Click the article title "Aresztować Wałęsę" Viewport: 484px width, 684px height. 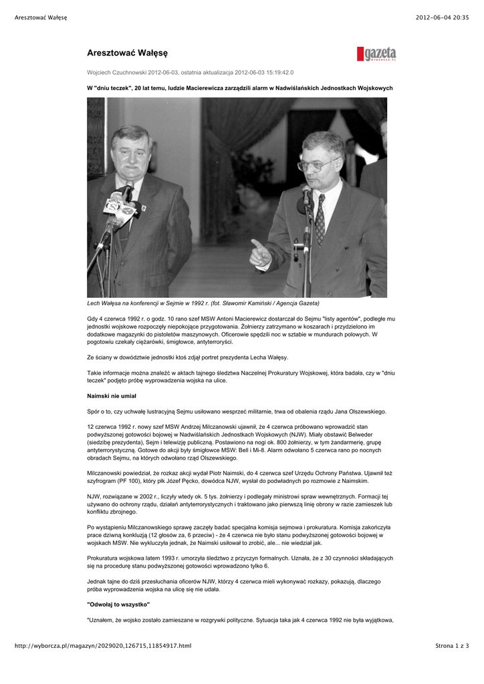click(x=127, y=52)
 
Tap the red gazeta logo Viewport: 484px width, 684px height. click(x=376, y=54)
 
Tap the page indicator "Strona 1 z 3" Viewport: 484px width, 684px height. click(x=452, y=645)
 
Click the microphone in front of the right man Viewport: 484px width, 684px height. click(x=306, y=195)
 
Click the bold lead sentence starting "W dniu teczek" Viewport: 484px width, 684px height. click(x=240, y=88)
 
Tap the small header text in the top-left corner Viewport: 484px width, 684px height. click(x=41, y=17)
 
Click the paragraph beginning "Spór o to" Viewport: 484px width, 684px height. click(x=237, y=411)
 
